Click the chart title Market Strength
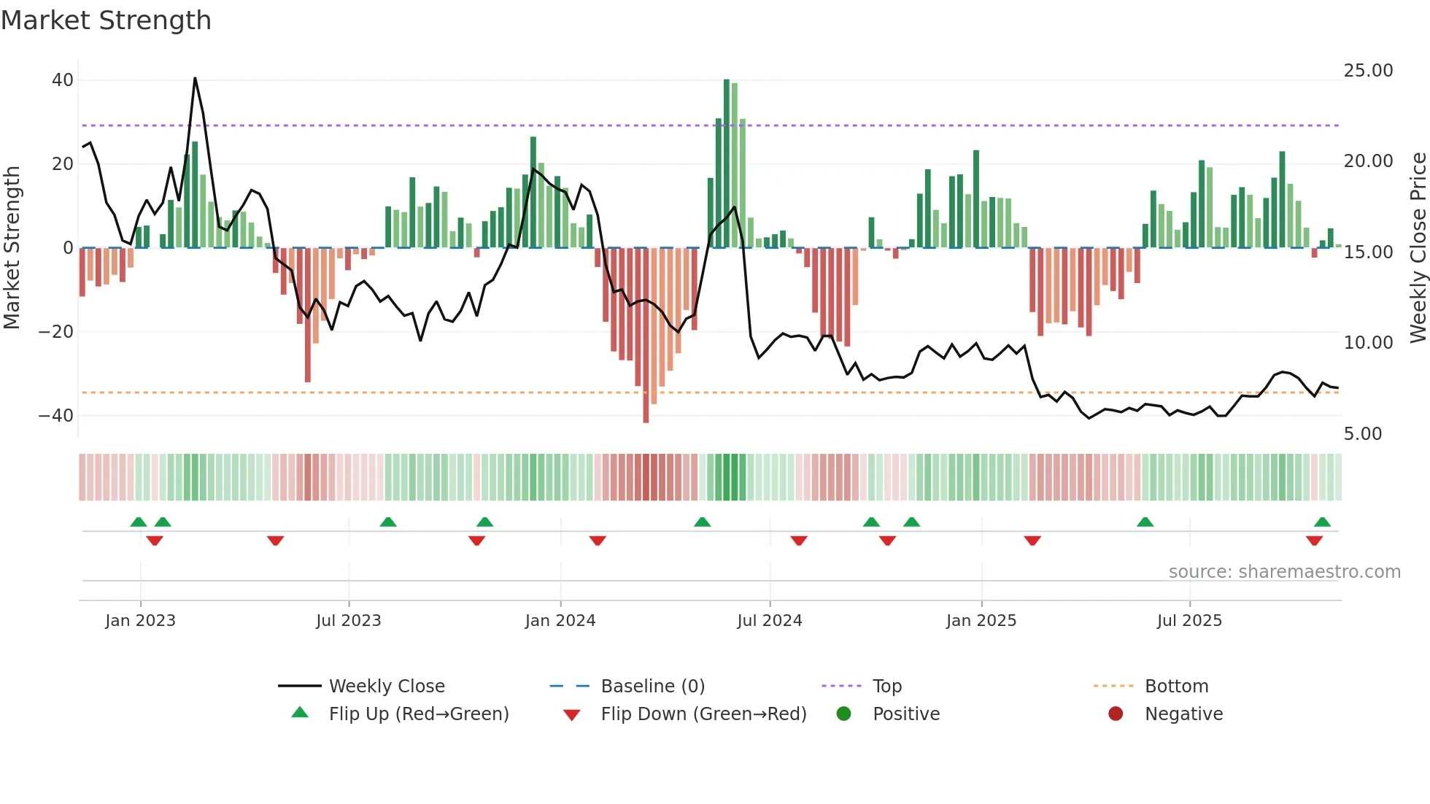tap(106, 20)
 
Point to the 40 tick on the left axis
tap(63, 80)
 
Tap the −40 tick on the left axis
tap(56, 416)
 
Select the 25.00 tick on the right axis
tap(1368, 71)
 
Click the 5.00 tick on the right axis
tap(1363, 434)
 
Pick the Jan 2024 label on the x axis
tap(560, 621)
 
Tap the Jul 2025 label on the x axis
tap(1189, 621)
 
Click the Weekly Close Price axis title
tap(1418, 248)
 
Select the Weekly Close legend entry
tap(386, 687)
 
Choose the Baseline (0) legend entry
tap(652, 687)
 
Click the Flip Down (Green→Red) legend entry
tap(703, 714)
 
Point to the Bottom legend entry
tap(1176, 687)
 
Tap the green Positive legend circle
tap(843, 714)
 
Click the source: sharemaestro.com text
tap(1284, 572)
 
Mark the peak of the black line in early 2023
tap(195, 78)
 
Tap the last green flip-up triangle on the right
tap(1322, 522)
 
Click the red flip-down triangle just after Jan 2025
tap(1032, 541)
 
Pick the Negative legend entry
tap(1183, 714)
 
